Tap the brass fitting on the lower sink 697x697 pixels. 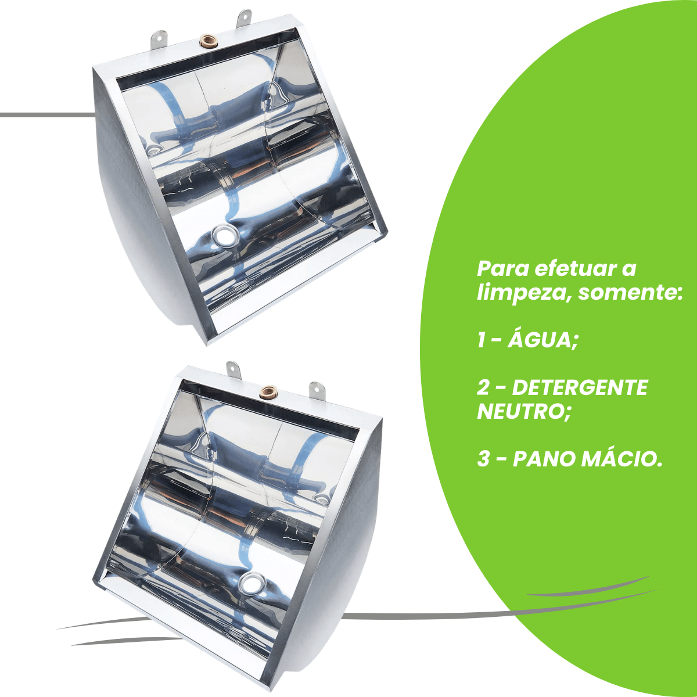[x=268, y=391]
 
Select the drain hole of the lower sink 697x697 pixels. [x=252, y=583]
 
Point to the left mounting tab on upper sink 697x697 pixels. [x=159, y=37]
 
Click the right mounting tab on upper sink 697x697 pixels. [x=244, y=19]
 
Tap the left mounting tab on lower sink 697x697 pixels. [x=233, y=370]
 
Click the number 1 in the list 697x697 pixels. [x=482, y=341]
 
